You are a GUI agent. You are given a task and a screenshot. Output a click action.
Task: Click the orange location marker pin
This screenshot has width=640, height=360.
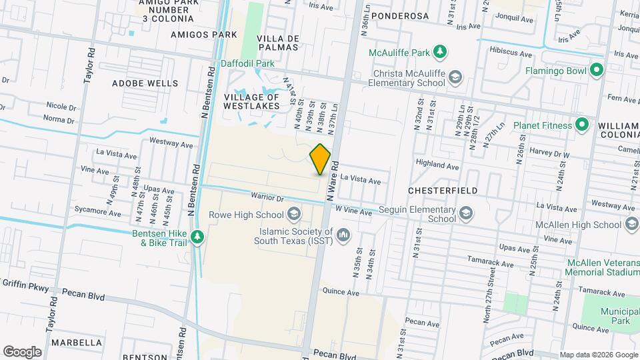tap(320, 159)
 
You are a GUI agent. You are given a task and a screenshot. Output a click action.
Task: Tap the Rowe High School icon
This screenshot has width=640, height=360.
tap(293, 215)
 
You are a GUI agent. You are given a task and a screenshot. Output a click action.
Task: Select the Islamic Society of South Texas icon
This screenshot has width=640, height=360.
tap(343, 234)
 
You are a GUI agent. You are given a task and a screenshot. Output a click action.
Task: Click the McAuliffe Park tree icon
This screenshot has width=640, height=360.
tap(439, 51)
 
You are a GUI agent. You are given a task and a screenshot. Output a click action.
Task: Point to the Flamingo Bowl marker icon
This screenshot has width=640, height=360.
tap(597, 69)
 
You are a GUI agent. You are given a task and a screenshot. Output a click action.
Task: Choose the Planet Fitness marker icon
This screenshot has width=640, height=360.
tap(582, 125)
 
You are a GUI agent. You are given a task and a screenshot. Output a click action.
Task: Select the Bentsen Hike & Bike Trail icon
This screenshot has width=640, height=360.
tap(197, 237)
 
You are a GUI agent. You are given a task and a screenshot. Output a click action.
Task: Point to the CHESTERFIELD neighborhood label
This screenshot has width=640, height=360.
tap(443, 191)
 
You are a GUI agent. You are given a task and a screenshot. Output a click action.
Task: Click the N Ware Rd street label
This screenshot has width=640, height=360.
tap(334, 181)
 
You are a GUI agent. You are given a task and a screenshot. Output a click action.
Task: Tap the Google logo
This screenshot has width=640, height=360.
tap(22, 351)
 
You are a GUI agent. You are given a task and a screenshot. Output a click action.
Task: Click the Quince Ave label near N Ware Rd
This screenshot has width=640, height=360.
tap(341, 291)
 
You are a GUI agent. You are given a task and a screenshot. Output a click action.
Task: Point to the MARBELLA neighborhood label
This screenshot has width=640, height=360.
tap(75, 343)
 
